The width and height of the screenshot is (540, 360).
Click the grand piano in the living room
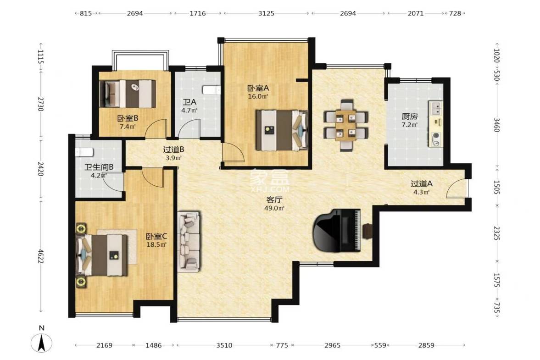336,230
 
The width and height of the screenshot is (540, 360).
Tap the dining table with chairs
346,125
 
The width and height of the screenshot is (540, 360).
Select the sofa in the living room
189,241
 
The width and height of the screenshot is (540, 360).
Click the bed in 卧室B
128,94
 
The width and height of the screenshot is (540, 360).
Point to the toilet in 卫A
212,90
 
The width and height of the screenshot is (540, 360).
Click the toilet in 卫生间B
84,152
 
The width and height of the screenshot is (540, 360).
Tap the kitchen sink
436,108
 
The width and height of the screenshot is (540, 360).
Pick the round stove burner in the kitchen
436,135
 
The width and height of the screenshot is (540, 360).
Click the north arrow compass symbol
42,343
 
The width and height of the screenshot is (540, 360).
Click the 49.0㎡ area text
274,208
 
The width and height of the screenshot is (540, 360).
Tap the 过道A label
422,184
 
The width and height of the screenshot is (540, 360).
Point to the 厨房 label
410,116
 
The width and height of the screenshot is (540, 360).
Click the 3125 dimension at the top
266,13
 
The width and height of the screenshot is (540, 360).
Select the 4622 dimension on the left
41,256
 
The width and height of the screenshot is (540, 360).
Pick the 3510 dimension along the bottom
224,345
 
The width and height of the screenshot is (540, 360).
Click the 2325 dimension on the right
496,234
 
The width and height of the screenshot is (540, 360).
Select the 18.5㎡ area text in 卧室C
156,245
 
